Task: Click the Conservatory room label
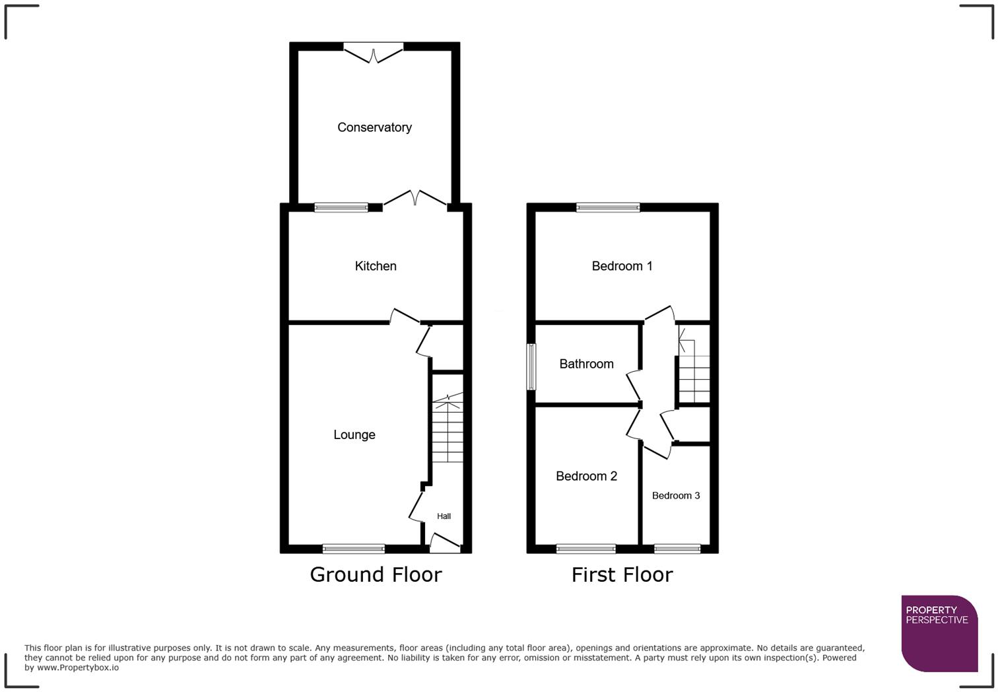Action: click(x=374, y=127)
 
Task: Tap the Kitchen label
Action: click(x=376, y=266)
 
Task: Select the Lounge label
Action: click(x=354, y=434)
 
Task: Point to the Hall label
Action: click(x=444, y=516)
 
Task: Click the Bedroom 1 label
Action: click(x=622, y=266)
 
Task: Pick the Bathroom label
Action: click(x=586, y=364)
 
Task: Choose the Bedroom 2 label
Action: click(x=586, y=476)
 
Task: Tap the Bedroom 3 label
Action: click(x=676, y=496)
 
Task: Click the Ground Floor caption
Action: click(x=376, y=574)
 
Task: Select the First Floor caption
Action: click(x=622, y=574)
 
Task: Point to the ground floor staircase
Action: click(x=448, y=429)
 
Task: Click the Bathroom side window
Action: click(x=531, y=366)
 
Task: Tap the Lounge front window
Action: click(x=354, y=548)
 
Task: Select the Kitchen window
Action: click(x=341, y=207)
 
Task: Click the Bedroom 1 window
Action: click(x=608, y=207)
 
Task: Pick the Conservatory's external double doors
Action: click(x=374, y=52)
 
